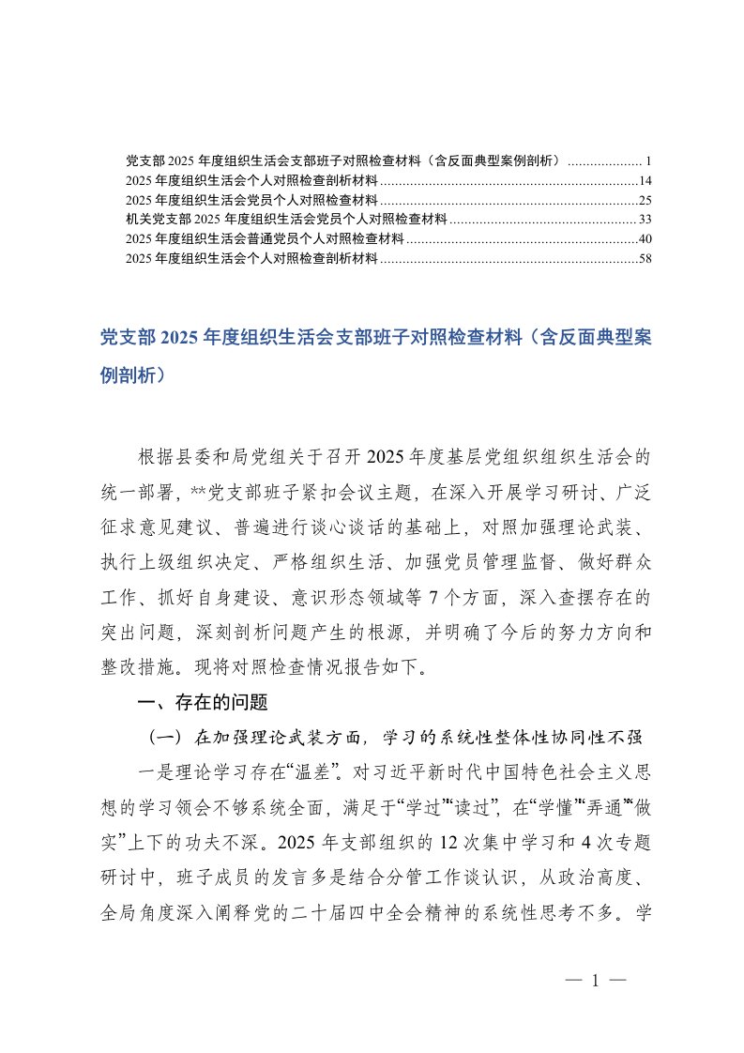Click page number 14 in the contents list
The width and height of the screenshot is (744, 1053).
(645, 180)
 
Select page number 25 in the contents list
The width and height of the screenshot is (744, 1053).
(645, 200)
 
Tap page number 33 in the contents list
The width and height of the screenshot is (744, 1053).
(645, 220)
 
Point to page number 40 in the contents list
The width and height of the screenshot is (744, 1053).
(645, 239)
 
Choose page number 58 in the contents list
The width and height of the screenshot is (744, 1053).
(645, 258)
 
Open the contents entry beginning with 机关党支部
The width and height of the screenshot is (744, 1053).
(286, 220)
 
